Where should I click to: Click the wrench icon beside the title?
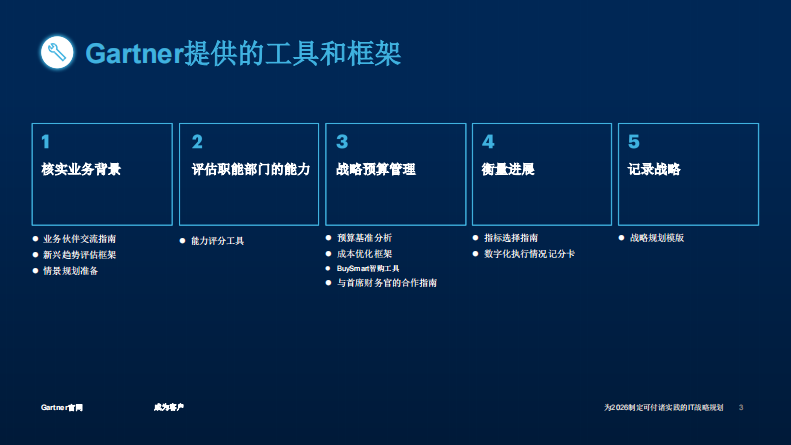(57, 52)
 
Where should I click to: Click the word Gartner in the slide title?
(134, 53)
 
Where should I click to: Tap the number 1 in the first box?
(46, 142)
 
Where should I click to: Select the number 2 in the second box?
(198, 142)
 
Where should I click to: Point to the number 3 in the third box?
(342, 142)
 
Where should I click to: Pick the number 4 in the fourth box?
(488, 142)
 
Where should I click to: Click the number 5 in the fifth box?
(634, 142)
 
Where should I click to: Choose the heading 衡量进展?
(508, 169)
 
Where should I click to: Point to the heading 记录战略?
(654, 169)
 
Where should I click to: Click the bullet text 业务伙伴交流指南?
(80, 239)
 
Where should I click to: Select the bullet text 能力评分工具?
(217, 241)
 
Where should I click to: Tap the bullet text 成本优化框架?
(364, 254)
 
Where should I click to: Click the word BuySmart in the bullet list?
(353, 269)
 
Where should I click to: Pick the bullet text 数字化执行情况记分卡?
(529, 254)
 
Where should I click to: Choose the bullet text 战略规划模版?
(657, 238)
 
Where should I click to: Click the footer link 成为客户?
(168, 408)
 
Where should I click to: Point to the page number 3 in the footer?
(741, 408)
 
